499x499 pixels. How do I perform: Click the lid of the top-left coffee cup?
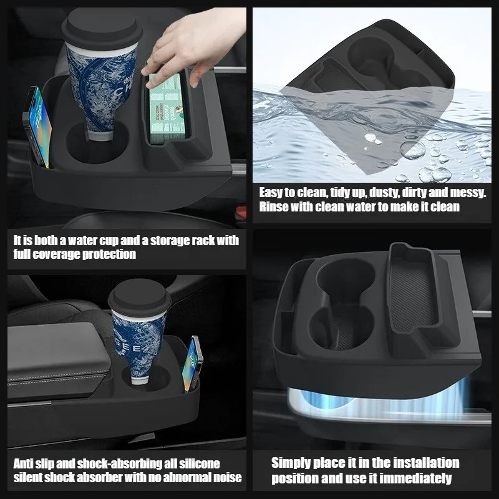tap(102, 29)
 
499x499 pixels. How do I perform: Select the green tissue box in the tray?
tap(167, 108)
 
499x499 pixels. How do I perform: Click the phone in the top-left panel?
tap(37, 127)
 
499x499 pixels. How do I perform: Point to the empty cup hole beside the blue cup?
tap(95, 143)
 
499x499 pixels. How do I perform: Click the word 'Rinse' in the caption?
tap(274, 206)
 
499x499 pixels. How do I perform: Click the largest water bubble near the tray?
tap(413, 150)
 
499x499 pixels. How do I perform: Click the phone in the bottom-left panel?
tap(193, 364)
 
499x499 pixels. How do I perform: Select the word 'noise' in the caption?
tap(227, 477)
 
